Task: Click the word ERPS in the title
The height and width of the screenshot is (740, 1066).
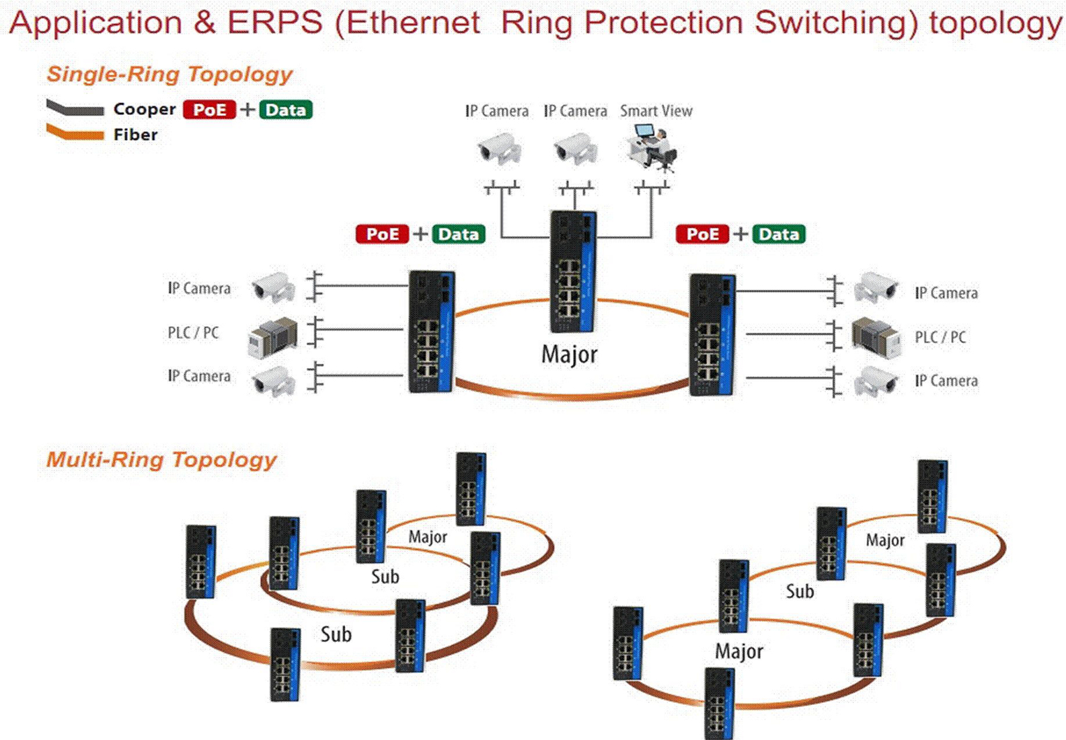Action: coord(274,23)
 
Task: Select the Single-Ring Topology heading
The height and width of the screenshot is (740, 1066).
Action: coord(169,74)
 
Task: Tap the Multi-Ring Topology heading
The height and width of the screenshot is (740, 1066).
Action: coord(161,460)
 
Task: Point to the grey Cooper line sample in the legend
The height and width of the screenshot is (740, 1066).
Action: coord(75,108)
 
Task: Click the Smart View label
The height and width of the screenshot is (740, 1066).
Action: coord(656,111)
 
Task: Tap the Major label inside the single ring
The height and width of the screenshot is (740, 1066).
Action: coord(569,355)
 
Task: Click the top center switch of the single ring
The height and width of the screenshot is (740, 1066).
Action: coord(573,271)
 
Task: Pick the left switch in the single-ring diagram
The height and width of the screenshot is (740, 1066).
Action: coord(432,332)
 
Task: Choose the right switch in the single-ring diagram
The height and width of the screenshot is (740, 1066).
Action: coord(712,334)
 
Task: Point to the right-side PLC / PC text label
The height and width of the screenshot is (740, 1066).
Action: coord(940,337)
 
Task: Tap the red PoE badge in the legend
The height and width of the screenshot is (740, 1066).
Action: coord(209,110)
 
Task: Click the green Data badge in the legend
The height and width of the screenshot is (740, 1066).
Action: coord(286,110)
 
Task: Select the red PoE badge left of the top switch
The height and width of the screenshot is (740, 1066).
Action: coord(382,234)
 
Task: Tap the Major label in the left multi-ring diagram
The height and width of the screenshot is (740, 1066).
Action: coord(428,537)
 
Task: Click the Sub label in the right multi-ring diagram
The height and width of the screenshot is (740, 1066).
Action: coord(800,591)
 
